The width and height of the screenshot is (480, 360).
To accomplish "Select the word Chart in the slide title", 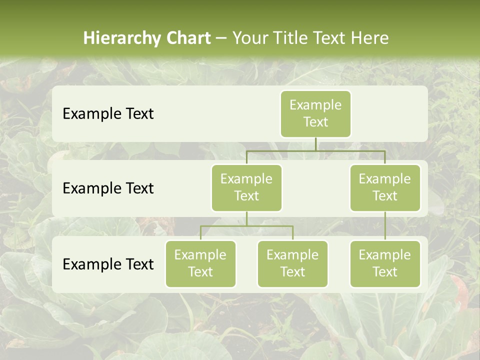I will click(x=186, y=38).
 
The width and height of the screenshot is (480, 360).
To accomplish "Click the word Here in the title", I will click(x=369, y=38).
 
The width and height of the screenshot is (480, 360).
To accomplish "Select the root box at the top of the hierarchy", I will click(x=315, y=113).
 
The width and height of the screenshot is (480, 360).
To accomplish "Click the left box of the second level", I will click(x=246, y=187).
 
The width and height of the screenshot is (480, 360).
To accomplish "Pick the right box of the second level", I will click(x=385, y=187).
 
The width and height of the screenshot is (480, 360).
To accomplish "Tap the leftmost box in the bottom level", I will click(x=200, y=263).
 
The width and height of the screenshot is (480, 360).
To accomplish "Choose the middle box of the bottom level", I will click(x=292, y=263).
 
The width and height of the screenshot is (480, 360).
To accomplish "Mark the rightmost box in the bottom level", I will click(x=385, y=263).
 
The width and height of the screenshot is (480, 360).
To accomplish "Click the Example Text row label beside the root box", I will click(x=108, y=114).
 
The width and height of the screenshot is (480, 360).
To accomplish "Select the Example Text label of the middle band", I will click(x=108, y=188).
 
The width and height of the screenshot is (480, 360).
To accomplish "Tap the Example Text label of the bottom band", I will click(x=108, y=264).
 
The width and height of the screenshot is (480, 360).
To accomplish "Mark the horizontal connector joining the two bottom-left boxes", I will click(x=246, y=226).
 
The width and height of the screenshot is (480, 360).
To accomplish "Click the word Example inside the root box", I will click(x=315, y=105).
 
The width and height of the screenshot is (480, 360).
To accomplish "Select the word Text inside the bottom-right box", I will click(x=385, y=272).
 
